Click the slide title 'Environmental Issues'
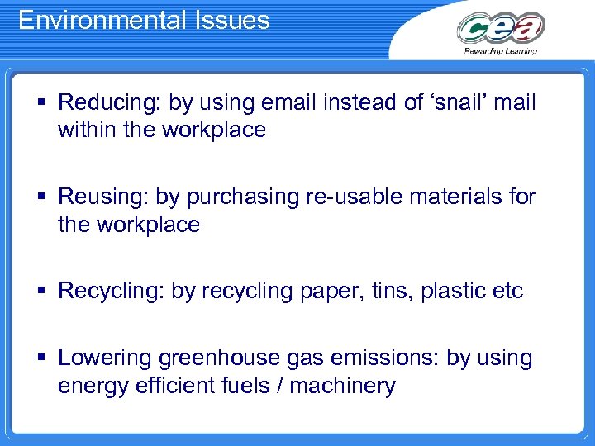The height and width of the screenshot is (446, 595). (x=144, y=20)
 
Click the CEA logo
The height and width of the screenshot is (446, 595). (x=501, y=30)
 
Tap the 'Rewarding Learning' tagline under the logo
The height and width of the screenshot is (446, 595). (x=501, y=51)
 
